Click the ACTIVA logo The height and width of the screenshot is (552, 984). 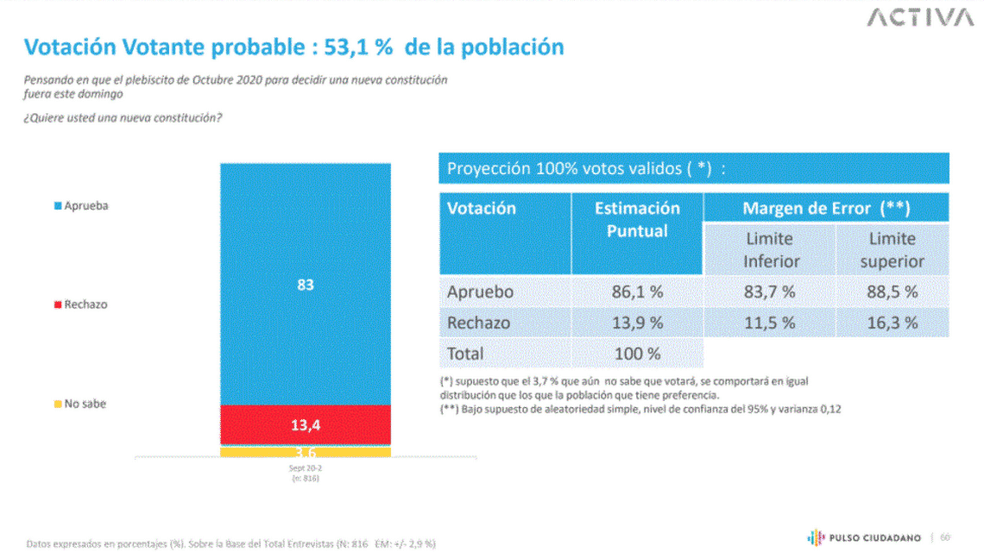[919, 18]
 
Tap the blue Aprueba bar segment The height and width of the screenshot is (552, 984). [306, 284]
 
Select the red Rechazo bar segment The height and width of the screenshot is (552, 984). [306, 424]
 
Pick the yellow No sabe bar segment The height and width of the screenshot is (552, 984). [306, 452]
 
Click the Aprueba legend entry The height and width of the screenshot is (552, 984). [81, 206]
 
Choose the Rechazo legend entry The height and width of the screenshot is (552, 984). [81, 304]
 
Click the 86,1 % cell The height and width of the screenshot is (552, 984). [637, 292]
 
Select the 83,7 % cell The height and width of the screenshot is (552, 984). [769, 292]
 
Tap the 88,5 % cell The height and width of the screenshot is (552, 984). [892, 292]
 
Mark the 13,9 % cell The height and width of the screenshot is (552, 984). [637, 323]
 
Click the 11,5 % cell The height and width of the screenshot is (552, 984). [769, 323]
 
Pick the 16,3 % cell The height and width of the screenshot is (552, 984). [892, 323]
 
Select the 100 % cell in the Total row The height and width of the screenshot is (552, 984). [637, 354]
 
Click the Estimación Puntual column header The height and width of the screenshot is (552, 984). [637, 220]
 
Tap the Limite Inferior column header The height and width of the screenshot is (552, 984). [769, 249]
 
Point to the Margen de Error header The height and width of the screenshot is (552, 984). [826, 208]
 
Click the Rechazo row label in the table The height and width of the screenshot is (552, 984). [479, 323]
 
